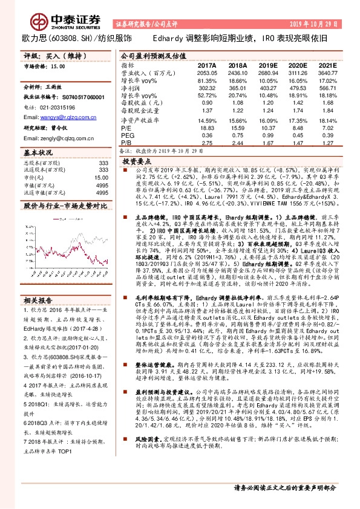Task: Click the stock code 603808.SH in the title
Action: [65, 37]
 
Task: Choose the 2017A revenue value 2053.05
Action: [207, 71]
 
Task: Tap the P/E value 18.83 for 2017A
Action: [207, 128]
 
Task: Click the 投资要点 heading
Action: [136, 162]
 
